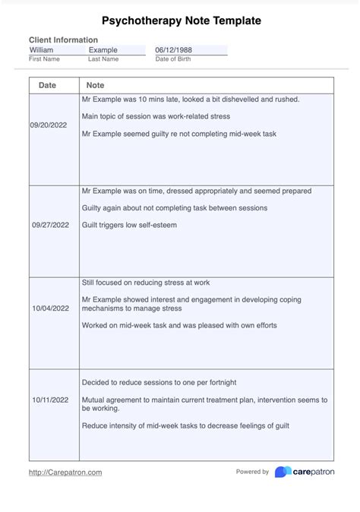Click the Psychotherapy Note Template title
180,21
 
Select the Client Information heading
63,40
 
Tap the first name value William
41,50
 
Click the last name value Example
103,50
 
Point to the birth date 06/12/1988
173,50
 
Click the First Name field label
44,58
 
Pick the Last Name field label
103,58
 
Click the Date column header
47,85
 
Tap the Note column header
96,85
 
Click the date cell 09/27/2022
51,225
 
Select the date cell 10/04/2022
51,309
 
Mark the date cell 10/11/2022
51,399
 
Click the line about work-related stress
156,116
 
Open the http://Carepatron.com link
65,472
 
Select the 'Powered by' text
252,472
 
